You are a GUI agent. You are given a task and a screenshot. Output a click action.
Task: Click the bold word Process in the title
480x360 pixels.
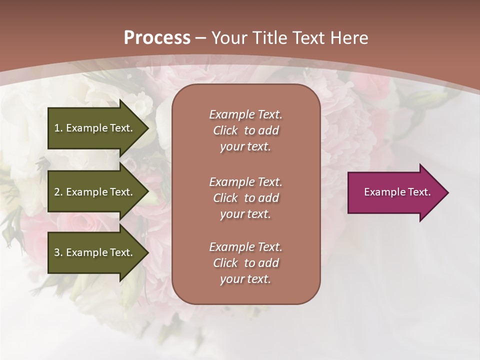pos(157,38)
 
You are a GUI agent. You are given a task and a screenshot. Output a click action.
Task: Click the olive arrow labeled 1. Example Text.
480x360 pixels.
pos(95,128)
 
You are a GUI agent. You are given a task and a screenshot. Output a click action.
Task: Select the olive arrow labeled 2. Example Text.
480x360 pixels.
pos(95,192)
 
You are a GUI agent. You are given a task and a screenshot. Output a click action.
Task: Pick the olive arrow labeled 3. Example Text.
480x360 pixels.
pos(95,252)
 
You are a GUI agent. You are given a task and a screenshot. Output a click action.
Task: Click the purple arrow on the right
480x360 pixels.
pos(395,192)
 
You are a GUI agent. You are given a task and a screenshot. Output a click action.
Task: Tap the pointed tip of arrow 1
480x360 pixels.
pos(147,128)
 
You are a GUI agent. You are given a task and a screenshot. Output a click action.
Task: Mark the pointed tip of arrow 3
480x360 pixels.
pos(147,252)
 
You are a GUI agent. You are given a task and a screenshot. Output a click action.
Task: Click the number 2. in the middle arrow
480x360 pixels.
pos(58,192)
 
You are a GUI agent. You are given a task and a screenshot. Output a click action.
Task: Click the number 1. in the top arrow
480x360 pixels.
pos(58,128)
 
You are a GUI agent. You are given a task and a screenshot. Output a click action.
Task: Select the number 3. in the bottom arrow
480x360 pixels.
pos(58,252)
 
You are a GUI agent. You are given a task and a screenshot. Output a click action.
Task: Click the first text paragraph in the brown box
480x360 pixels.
pos(245,130)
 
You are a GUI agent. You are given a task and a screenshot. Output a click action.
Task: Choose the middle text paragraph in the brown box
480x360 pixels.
pos(245,197)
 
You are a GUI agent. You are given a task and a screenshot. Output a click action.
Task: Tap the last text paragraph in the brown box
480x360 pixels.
pos(245,263)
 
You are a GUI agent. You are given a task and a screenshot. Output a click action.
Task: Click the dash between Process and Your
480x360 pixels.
pos(200,38)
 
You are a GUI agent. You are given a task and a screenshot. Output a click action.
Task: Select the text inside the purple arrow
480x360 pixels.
pos(397,192)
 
